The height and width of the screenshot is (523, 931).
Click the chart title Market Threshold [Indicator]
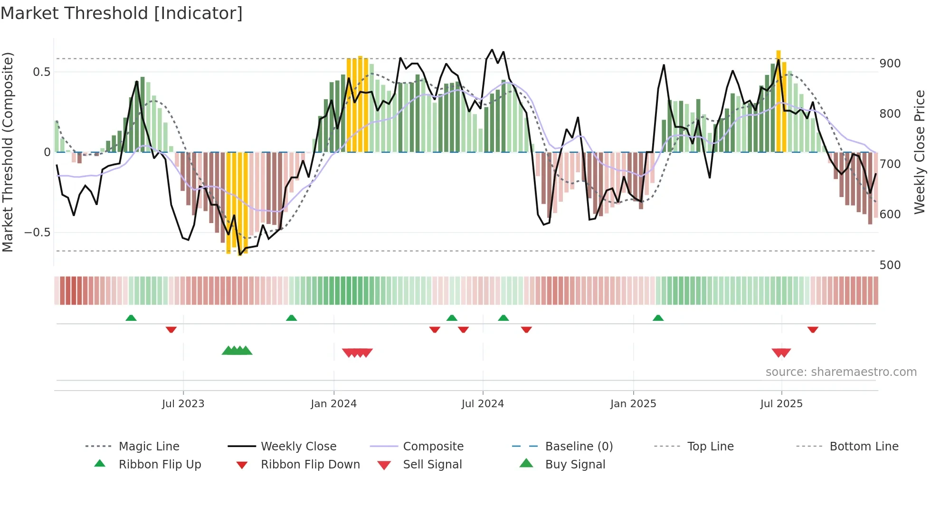pos(122,13)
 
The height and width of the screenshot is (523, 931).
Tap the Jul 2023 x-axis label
pos(183,404)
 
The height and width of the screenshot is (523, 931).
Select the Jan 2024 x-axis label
pos(333,404)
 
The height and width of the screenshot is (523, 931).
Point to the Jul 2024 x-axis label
pos(483,404)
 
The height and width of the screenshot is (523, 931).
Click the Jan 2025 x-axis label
pos(633,404)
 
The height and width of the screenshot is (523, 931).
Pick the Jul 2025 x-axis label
pos(781,404)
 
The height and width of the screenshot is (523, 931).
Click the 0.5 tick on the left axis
pos(41,72)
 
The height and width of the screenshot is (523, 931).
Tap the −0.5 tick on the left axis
pos(38,233)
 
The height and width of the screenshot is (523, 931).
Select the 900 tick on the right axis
pos(890,64)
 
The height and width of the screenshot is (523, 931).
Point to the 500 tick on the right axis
pos(890,265)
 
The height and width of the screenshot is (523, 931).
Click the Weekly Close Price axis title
pos(920,152)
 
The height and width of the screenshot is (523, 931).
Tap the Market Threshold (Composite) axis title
pos(8,152)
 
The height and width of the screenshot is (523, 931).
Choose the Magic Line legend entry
pos(149,447)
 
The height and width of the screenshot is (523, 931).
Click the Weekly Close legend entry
pos(298,447)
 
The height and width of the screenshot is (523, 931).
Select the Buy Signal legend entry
pos(575,465)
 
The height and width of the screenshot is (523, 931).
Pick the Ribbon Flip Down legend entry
pos(310,465)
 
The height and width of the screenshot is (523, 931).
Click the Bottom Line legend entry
pos(864,447)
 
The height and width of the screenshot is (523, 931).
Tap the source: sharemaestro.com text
pos(841,372)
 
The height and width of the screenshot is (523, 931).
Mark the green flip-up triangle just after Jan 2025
pos(658,318)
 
